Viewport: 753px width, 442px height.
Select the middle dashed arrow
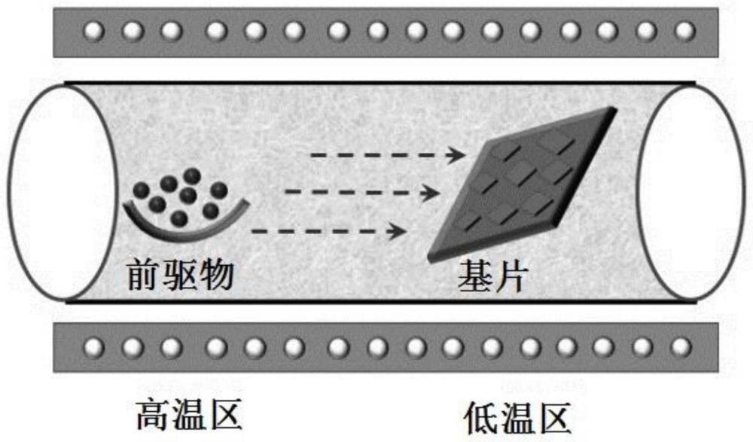pyautogui.click(x=361, y=193)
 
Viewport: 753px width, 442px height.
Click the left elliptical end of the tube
pyautogui.click(x=56, y=192)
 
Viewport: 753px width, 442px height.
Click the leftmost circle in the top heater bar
pyautogui.click(x=93, y=31)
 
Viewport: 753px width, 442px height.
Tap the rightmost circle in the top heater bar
pyautogui.click(x=684, y=31)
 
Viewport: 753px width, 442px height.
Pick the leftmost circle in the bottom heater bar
pyautogui.click(x=93, y=347)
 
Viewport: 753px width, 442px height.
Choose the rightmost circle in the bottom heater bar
pyautogui.click(x=682, y=347)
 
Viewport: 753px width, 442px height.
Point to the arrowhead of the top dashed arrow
pyautogui.click(x=455, y=156)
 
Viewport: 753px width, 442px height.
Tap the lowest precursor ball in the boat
pyautogui.click(x=178, y=218)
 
